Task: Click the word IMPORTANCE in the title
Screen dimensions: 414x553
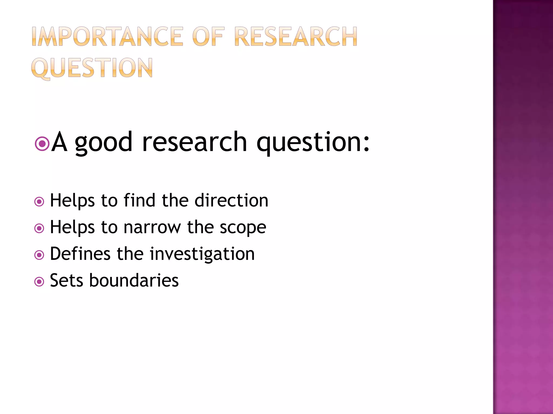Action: pyautogui.click(x=107, y=37)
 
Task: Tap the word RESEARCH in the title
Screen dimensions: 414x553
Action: pyautogui.click(x=296, y=37)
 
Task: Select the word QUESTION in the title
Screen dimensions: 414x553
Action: pyautogui.click(x=92, y=68)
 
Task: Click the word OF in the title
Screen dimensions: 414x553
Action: pyautogui.click(x=208, y=37)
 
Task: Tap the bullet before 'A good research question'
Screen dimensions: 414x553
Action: pyautogui.click(x=42, y=144)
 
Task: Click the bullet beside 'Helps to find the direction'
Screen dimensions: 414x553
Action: pyautogui.click(x=39, y=202)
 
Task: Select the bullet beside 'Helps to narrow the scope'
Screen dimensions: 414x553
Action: pyautogui.click(x=39, y=229)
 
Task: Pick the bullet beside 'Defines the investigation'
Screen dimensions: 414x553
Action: pyautogui.click(x=39, y=255)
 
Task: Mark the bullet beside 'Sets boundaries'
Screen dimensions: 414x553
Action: pyautogui.click(x=39, y=282)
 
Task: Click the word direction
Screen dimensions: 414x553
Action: pyautogui.click(x=231, y=200)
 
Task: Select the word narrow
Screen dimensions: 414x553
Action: pyautogui.click(x=152, y=227)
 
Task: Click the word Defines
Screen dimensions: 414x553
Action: pyautogui.click(x=80, y=254)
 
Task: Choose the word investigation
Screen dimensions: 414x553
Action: pyautogui.click(x=202, y=254)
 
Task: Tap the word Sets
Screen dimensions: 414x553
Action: pyautogui.click(x=66, y=280)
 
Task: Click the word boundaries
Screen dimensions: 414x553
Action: pyautogui.click(x=134, y=280)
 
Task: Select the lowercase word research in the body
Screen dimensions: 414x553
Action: pyautogui.click(x=194, y=142)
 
